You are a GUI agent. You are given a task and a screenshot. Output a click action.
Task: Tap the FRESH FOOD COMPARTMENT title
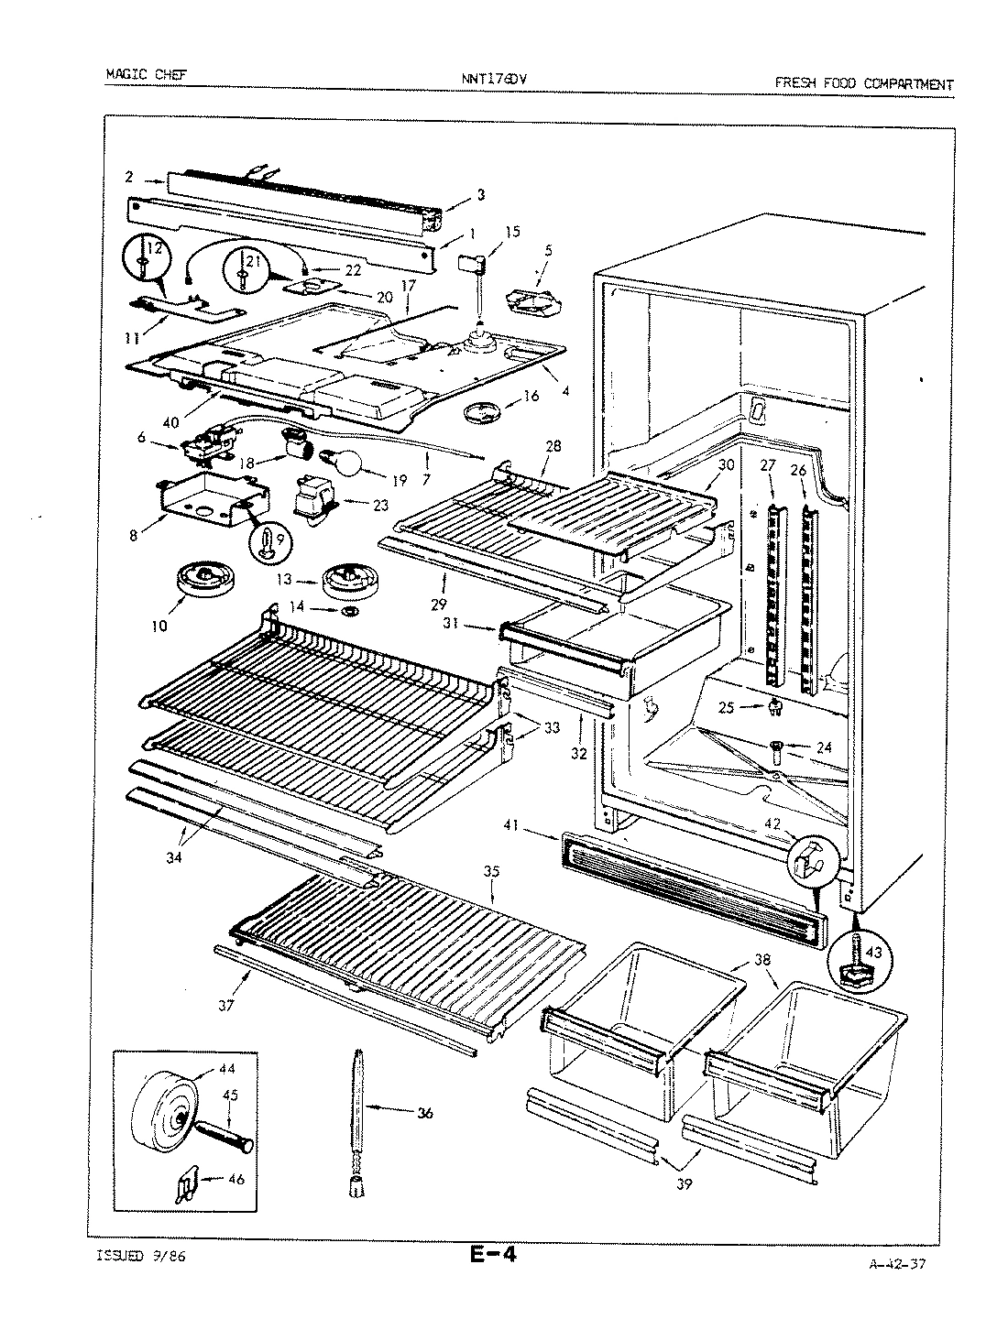click(x=863, y=83)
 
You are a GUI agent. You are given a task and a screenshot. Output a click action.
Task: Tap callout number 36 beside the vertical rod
click(x=424, y=1113)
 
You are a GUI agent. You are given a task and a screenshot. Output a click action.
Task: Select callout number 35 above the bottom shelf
click(x=491, y=871)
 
